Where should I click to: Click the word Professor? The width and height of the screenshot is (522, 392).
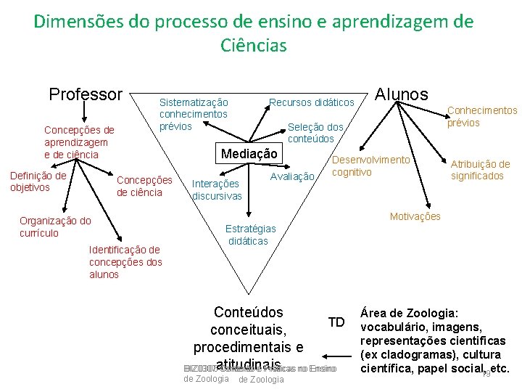tap(86, 94)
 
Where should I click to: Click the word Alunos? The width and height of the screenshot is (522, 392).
tap(401, 94)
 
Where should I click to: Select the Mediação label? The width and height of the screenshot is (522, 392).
tap(249, 154)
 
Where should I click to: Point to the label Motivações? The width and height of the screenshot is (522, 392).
tap(415, 216)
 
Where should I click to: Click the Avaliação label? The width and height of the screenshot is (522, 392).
tap(292, 176)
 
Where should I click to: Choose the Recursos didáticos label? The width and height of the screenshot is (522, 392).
tap(312, 102)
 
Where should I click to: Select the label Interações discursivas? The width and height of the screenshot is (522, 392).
tap(216, 190)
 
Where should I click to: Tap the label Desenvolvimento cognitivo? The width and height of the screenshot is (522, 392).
tap(370, 166)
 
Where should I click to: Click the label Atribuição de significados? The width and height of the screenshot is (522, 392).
tap(480, 170)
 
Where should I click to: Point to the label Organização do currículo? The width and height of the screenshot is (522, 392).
tap(55, 227)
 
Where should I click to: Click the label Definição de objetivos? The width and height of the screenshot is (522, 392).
tap(38, 181)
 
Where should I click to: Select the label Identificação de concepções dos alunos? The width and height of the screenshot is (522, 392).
tap(125, 262)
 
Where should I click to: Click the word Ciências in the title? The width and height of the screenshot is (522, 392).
tap(254, 46)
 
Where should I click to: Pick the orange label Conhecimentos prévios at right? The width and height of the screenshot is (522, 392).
tap(482, 116)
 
